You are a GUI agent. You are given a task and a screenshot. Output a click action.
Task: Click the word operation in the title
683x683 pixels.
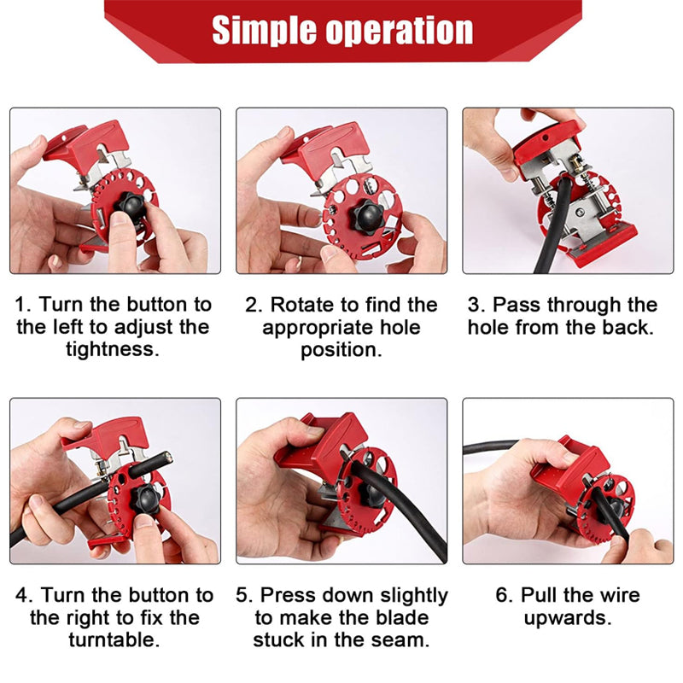coord(400,32)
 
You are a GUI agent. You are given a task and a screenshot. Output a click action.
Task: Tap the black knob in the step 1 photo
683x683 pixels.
coord(131,207)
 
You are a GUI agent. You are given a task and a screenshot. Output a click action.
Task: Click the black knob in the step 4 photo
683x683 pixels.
coord(149,497)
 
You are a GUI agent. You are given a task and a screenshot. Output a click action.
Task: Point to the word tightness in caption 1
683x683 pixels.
coord(113,349)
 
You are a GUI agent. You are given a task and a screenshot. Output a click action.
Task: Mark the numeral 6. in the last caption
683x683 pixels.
coord(505,595)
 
